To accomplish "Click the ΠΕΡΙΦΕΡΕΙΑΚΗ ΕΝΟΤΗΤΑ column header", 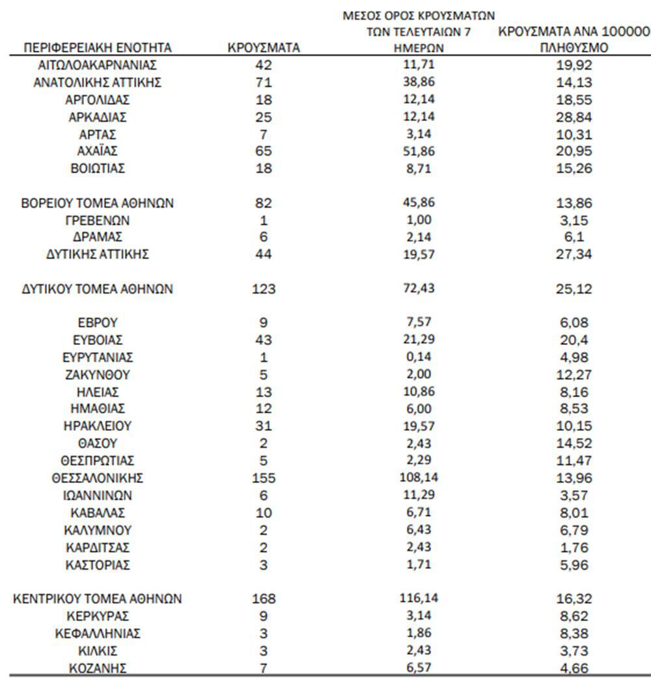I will coord(98,48).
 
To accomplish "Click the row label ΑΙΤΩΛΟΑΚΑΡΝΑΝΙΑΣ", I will coord(98,65).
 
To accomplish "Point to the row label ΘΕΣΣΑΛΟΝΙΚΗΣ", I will coord(98,478).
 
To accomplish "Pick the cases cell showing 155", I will coord(264,478).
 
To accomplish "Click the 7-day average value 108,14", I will coord(419,478).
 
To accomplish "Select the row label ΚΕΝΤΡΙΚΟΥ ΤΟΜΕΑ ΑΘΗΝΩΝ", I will coord(98,599).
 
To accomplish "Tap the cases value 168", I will coord(264,599).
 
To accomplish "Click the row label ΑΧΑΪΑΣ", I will coord(98,152).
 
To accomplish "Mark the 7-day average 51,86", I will coord(419,152).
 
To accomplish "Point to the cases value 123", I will coord(264,289).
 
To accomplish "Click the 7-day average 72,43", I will coord(419,289).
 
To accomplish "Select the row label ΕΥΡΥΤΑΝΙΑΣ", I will coord(98,357).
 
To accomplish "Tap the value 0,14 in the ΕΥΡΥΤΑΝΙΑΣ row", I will coord(419,357).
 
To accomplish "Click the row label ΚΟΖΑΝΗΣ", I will coord(98,668).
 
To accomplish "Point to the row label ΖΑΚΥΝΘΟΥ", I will coord(98,375).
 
